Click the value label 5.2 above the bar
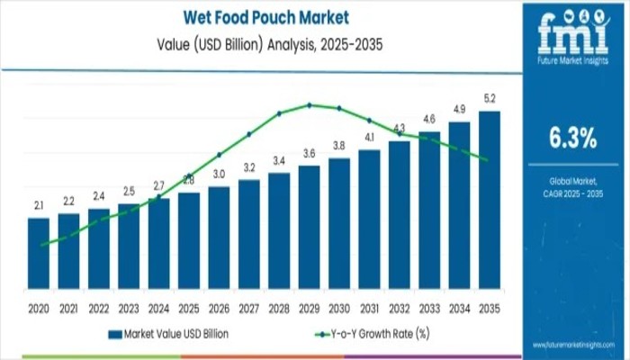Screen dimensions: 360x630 tap(489, 99)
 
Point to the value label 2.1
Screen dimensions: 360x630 tap(39, 206)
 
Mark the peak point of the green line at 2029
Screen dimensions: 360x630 tap(309, 104)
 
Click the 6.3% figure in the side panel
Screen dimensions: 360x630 tap(572, 138)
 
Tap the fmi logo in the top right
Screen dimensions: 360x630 tap(572, 36)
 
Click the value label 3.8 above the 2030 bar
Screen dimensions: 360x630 tap(338, 146)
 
